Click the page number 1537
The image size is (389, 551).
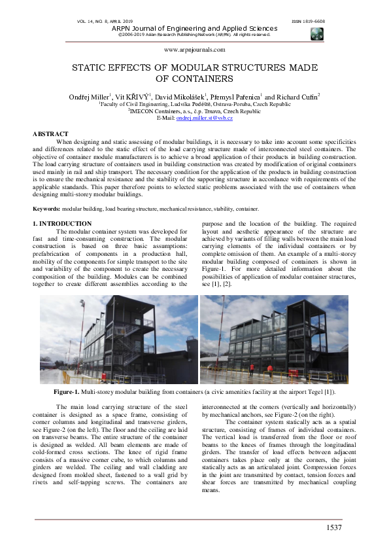333,527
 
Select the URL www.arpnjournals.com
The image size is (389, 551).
194,50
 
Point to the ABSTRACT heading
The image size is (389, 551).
50,134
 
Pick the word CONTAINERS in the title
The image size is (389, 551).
194,79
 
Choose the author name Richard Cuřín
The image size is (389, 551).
299,97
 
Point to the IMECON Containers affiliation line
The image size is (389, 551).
195,111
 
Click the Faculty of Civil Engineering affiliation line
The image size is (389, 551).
195,104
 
